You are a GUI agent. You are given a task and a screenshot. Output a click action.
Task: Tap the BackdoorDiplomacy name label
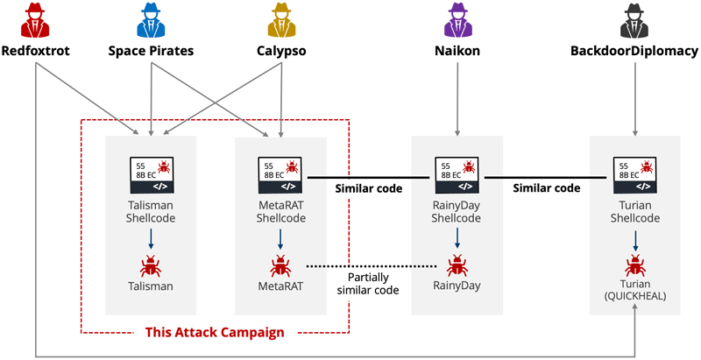pyautogui.click(x=634, y=50)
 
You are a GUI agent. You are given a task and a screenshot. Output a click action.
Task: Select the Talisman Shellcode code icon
pyautogui.click(x=151, y=174)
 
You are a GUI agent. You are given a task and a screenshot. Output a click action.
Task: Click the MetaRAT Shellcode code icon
pyautogui.click(x=280, y=174)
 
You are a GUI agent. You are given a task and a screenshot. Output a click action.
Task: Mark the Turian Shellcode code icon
pyautogui.click(x=634, y=174)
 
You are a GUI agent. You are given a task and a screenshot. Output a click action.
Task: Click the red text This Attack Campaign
pyautogui.click(x=214, y=333)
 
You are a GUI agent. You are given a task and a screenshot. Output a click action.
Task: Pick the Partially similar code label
pyautogui.click(x=369, y=283)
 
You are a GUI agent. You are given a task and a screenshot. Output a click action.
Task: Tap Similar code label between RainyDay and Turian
pyautogui.click(x=547, y=188)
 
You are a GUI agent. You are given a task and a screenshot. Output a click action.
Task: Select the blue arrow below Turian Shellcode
pyautogui.click(x=634, y=238)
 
